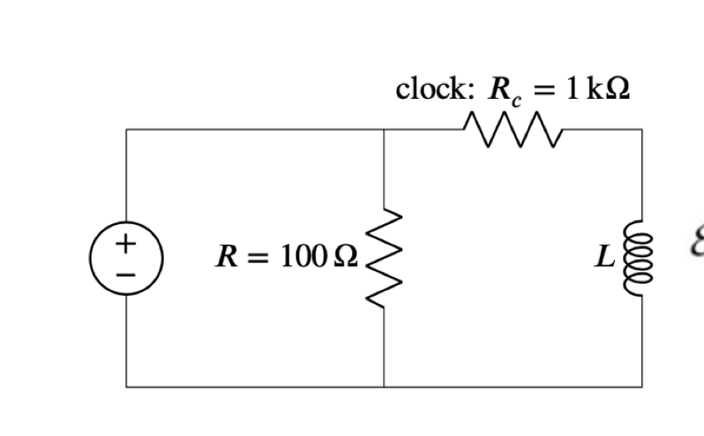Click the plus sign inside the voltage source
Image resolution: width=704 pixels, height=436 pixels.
(125, 243)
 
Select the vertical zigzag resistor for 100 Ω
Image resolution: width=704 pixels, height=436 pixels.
(384, 257)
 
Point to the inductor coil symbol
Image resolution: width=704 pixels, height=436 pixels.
(641, 257)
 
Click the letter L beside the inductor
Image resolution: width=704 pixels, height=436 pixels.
(606, 258)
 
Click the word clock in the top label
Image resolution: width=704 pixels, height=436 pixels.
(431, 89)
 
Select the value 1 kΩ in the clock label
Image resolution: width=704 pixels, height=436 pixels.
(598, 89)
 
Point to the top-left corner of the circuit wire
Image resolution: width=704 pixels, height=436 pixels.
(126, 129)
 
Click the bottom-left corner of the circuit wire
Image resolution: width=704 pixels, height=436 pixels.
(126, 386)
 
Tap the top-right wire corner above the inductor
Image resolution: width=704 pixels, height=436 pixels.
(641, 129)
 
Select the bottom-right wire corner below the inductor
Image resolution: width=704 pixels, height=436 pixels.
(641, 386)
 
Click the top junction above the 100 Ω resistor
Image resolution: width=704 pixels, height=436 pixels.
(384, 129)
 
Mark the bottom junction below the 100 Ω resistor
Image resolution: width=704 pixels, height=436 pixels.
(384, 386)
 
